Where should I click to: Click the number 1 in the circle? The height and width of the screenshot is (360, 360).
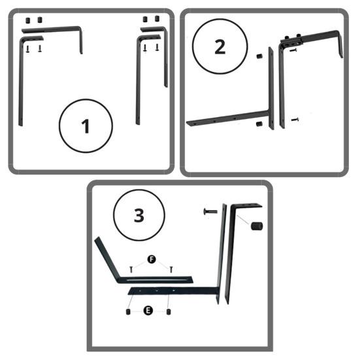pos(86,126)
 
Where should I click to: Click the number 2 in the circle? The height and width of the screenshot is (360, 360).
pos(220,47)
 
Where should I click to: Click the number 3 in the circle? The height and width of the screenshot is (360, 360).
pos(139,216)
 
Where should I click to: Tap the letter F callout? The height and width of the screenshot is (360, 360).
pos(152,259)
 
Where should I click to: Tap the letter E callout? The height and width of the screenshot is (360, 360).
pos(148,310)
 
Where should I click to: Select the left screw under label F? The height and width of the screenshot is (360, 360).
pos(131,269)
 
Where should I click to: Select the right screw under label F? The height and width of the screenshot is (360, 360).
pos(171,269)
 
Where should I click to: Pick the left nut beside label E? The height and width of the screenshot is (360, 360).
pos(128,312)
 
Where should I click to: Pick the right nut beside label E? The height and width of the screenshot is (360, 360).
pos(169,312)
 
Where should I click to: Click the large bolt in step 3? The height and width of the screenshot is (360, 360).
pos(210,211)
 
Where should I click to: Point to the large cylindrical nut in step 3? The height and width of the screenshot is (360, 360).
pos(257,226)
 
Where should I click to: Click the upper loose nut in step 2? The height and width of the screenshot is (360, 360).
pos(259,56)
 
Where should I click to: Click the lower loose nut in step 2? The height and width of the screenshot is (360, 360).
pos(259,124)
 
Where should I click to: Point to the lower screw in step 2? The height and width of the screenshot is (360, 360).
pos(295,120)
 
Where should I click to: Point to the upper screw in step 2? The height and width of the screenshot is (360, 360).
pos(293,50)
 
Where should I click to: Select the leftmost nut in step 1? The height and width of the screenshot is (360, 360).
pos(28,21)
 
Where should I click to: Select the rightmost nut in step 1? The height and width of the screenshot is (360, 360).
pos(157,18)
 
